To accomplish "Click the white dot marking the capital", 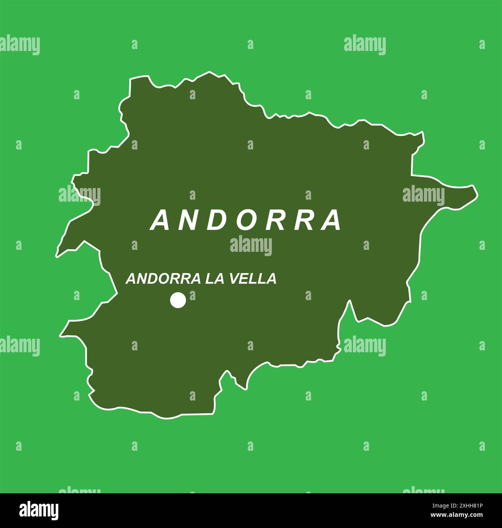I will pyautogui.click(x=178, y=300).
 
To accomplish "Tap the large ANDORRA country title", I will pyautogui.click(x=246, y=221).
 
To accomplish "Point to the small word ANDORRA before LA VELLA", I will pyautogui.click(x=163, y=278).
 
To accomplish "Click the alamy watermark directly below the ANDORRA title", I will pyautogui.click(x=251, y=246).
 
